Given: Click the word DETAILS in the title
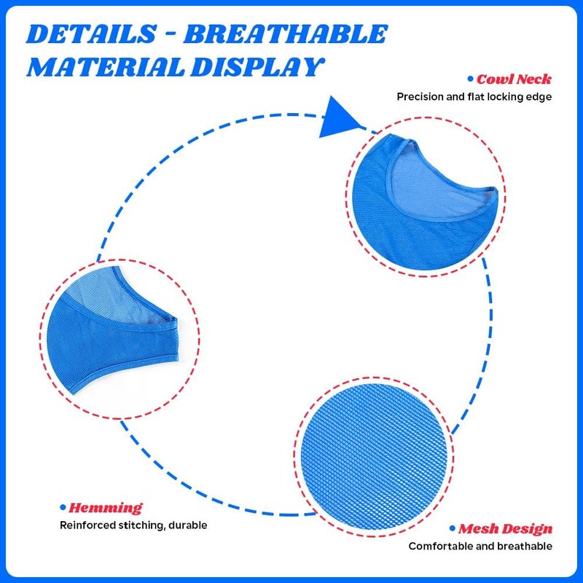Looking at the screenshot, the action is click(x=91, y=34).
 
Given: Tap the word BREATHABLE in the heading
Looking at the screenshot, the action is click(x=286, y=34).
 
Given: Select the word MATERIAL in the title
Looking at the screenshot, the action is click(x=106, y=68).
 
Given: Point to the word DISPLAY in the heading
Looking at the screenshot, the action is click(x=258, y=68).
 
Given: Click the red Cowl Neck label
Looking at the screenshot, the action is click(x=514, y=79).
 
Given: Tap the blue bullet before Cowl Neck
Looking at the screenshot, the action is click(x=470, y=79).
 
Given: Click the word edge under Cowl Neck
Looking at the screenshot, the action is click(x=539, y=97).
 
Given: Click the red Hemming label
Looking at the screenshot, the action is click(x=105, y=507).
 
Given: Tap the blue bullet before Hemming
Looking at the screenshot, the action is click(x=63, y=507).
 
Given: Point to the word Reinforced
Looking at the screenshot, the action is click(x=87, y=525).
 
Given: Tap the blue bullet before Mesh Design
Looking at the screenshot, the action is click(x=452, y=528).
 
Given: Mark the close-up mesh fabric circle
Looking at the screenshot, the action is click(x=374, y=458).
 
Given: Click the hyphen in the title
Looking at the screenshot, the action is click(x=170, y=34).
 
